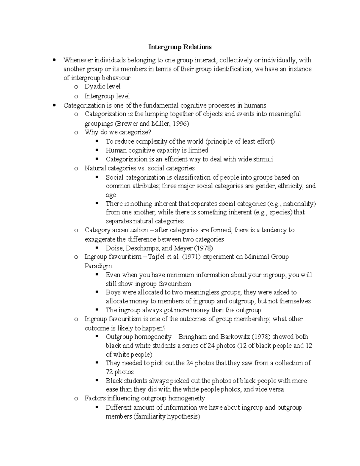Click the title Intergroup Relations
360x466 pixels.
coord(180,47)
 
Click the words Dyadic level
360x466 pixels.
coord(102,87)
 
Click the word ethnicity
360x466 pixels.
coord(290,186)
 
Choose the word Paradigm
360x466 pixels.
coord(98,266)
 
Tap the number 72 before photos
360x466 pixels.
coord(109,372)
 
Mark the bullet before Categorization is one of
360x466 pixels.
coord(54,105)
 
